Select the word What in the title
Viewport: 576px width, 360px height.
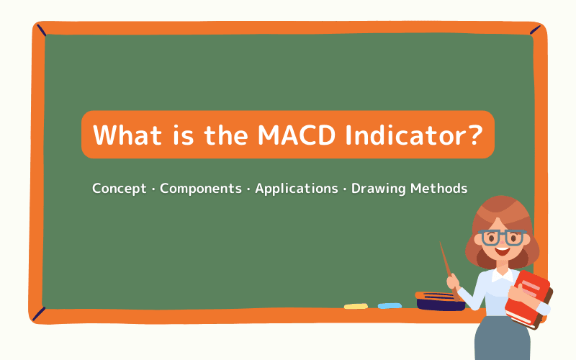[127, 135]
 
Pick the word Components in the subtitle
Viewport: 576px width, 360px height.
[201, 189]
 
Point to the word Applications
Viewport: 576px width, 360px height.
[297, 189]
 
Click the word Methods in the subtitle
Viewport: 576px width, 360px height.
[439, 189]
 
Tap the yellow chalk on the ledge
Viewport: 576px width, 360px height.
[356, 306]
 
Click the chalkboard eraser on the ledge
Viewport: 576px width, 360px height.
[440, 300]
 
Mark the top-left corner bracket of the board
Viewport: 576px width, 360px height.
[42, 30]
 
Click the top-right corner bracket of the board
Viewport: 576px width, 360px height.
[535, 30]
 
